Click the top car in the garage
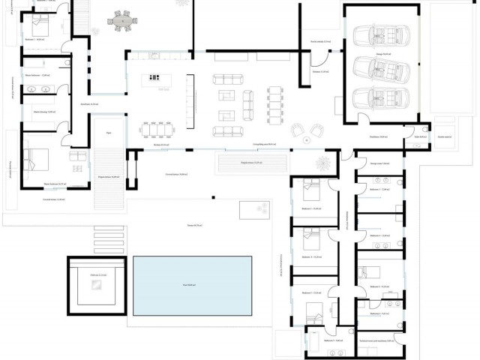[382, 36]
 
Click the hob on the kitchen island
[155, 76]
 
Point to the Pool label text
[190, 285]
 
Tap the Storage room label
[379, 163]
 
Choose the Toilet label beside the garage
[421, 136]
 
